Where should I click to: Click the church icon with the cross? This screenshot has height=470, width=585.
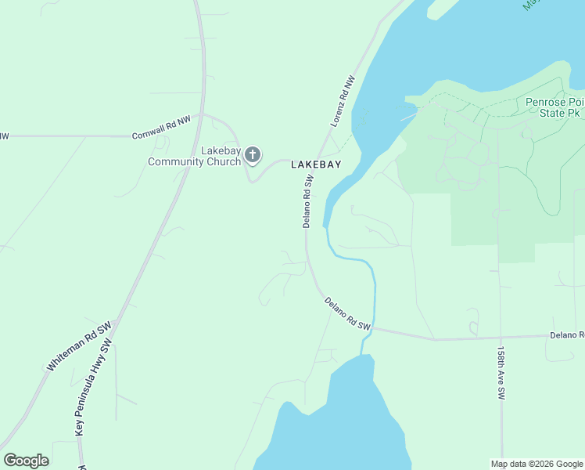pyautogui.click(x=252, y=154)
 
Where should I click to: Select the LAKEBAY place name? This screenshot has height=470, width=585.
pyautogui.click(x=316, y=164)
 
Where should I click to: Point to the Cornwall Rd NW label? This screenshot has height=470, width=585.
pyautogui.click(x=161, y=127)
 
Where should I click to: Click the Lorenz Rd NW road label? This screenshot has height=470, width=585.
pyautogui.click(x=343, y=101)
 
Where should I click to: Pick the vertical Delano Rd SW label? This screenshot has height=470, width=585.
pyautogui.click(x=307, y=201)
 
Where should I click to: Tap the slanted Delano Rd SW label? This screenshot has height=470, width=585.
pyautogui.click(x=346, y=313)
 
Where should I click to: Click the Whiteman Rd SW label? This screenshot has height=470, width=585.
pyautogui.click(x=80, y=345)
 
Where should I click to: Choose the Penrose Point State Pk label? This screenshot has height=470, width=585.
pyautogui.click(x=554, y=107)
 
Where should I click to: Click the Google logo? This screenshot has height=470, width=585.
pyautogui.click(x=26, y=461)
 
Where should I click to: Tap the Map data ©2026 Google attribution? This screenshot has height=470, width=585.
pyautogui.click(x=537, y=464)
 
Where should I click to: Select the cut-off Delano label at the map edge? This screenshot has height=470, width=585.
pyautogui.click(x=567, y=334)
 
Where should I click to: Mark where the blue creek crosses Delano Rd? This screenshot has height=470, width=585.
pyautogui.click(x=373, y=328)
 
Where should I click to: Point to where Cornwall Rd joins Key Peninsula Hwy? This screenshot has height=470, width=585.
pyautogui.click(x=203, y=114)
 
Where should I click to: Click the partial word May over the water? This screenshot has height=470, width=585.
pyautogui.click(x=534, y=3)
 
